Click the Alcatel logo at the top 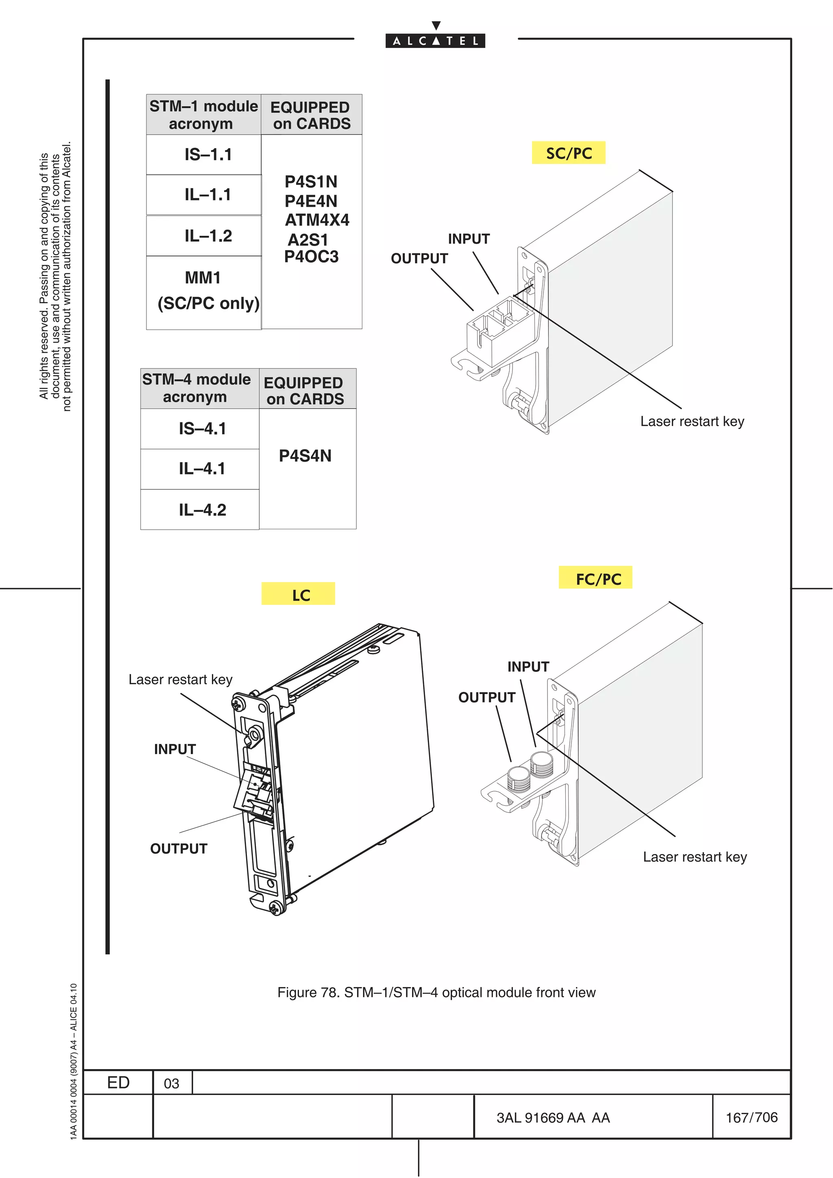coord(435,41)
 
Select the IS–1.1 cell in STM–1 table coord(208,154)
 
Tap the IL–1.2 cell coord(208,236)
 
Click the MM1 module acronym coord(203,278)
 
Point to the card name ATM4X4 coord(317,220)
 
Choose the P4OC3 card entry coord(311,256)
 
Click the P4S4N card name coord(305,456)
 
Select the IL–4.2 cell coord(202,510)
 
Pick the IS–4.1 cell coord(202,428)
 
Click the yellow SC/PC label coord(568,153)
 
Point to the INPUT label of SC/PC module coord(469,239)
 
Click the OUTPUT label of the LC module coord(179,849)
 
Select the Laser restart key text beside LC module coord(180,680)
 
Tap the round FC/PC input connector coord(541,763)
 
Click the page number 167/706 coord(751,1117)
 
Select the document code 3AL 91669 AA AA coord(553,1117)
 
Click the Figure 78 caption coord(436,992)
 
